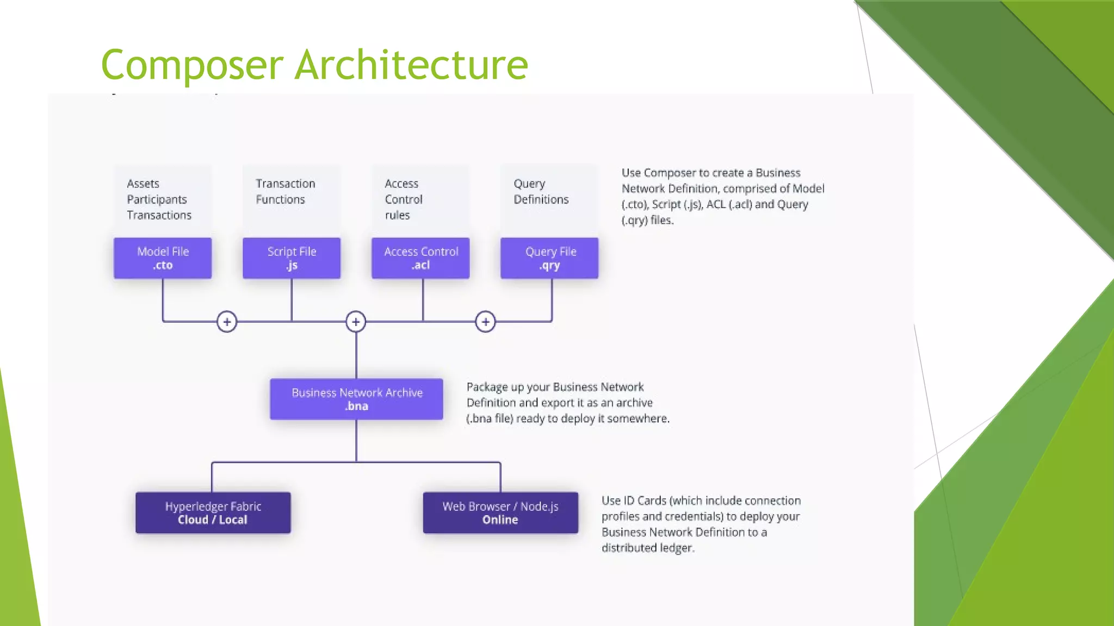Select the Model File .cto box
163,258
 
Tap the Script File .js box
292,258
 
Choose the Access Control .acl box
420,258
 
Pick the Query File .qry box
549,258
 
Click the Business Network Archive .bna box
356,399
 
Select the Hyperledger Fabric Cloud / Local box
213,513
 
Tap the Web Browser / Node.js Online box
500,513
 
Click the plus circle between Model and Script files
227,322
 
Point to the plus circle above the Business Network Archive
356,322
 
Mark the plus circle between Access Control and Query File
485,322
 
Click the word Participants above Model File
157,199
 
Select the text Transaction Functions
285,191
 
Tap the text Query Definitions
541,191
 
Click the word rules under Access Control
397,215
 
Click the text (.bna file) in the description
490,418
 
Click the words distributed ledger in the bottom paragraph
647,548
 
